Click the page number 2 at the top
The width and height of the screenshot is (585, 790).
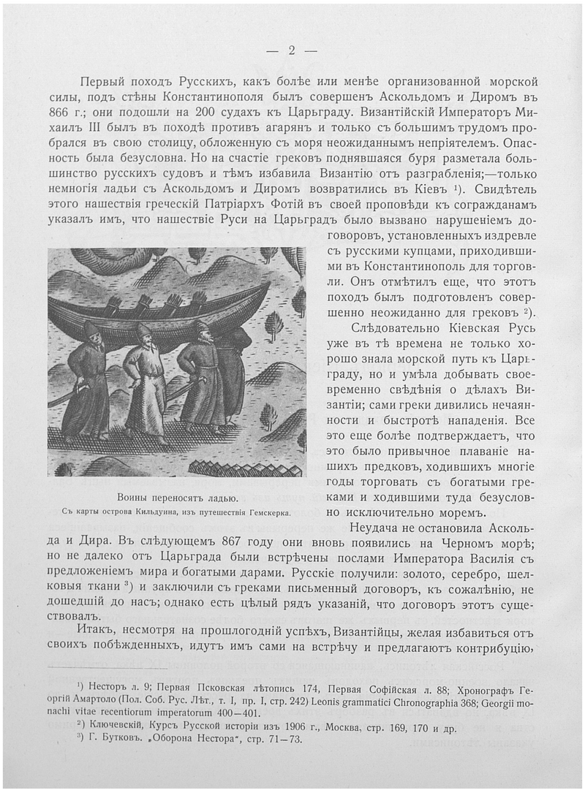click(291, 50)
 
